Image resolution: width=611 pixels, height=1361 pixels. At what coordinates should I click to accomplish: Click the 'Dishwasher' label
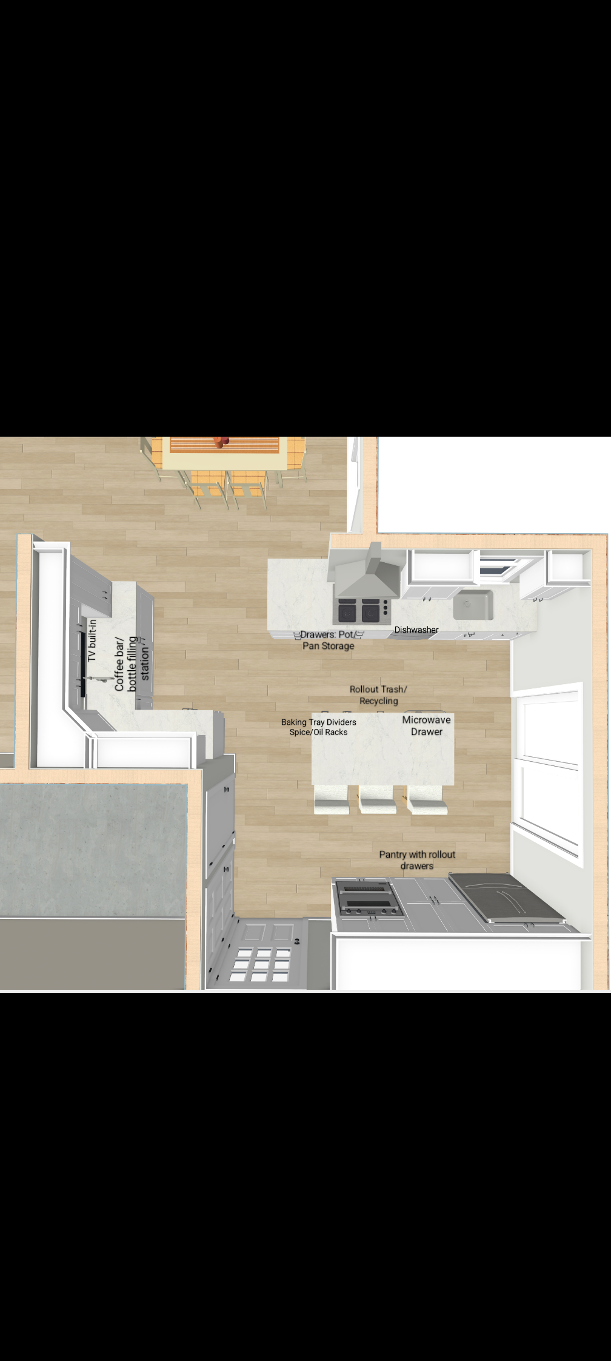click(416, 630)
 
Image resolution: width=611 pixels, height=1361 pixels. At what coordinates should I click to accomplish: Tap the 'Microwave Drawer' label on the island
click(427, 725)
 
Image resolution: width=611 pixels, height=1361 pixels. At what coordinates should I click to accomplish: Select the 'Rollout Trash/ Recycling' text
click(378, 695)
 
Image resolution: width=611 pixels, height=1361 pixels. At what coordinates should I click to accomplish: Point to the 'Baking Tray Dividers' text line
click(319, 722)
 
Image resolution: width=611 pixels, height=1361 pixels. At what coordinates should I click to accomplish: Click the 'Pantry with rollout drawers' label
click(417, 860)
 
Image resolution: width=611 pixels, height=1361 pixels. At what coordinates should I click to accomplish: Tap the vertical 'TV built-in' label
click(92, 640)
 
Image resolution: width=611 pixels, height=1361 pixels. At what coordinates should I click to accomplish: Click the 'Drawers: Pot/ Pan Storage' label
click(329, 640)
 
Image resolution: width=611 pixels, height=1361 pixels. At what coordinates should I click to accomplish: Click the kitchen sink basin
click(473, 605)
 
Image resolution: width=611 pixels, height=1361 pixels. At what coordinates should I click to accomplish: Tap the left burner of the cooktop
click(347, 611)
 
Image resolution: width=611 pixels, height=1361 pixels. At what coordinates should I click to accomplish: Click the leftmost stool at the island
click(331, 799)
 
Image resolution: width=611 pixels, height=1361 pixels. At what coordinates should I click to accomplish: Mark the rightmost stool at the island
click(427, 799)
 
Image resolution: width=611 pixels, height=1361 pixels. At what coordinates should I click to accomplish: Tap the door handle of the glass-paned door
click(297, 941)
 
